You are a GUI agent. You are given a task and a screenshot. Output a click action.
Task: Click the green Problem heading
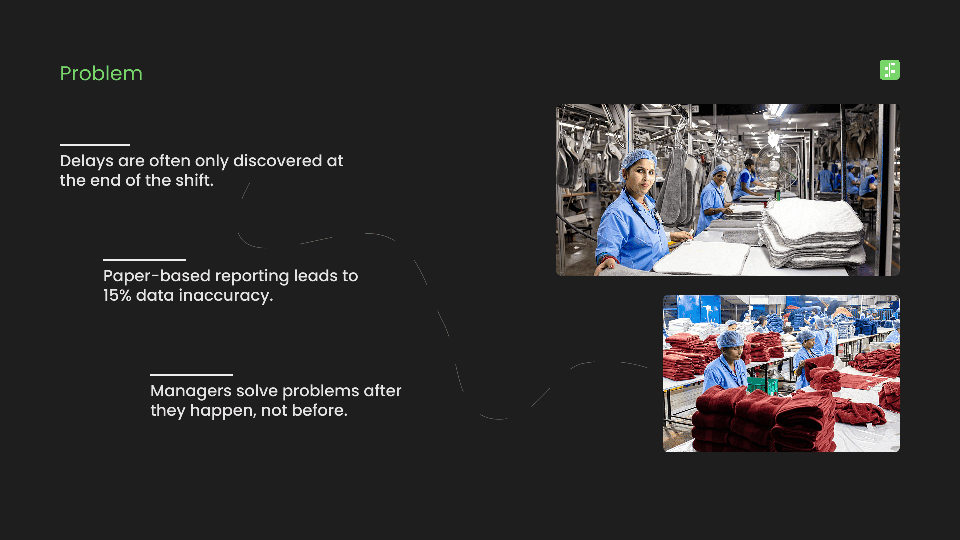pos(101,74)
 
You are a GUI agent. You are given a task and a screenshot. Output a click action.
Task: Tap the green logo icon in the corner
pos(890,70)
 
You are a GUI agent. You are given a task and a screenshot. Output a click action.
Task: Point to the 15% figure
pos(117,295)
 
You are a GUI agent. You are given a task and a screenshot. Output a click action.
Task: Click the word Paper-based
pos(157,276)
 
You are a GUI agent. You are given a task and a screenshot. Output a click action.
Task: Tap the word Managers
pos(191,391)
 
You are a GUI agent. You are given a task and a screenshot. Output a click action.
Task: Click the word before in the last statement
pos(319,410)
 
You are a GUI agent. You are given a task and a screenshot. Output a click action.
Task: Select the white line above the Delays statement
pos(95,145)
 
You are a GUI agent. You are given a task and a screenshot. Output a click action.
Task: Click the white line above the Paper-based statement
pos(145,260)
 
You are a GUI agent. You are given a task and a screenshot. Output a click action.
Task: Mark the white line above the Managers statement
pos(192,375)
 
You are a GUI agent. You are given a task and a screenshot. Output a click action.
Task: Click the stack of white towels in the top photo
pos(812,232)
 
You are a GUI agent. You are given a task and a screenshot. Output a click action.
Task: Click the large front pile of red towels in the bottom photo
pos(765,422)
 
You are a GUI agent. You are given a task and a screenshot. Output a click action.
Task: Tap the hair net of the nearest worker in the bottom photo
pos(731,340)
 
